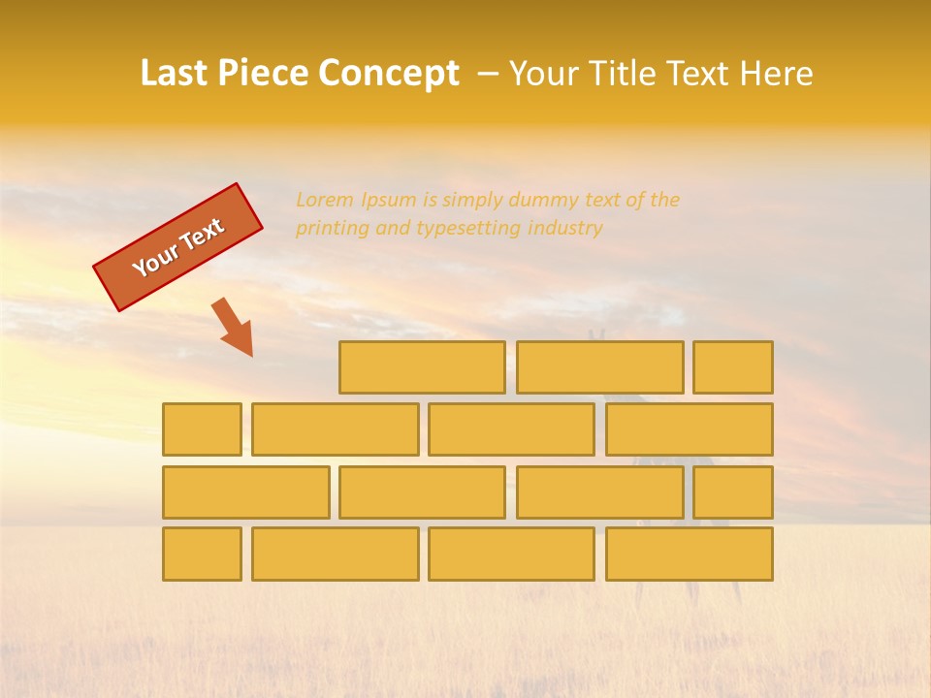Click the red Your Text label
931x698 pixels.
(177, 247)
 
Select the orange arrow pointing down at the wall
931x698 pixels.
(234, 328)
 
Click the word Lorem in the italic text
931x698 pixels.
(324, 201)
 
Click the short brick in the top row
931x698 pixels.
(733, 367)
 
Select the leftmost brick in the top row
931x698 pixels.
(422, 367)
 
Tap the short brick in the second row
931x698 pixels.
(202, 429)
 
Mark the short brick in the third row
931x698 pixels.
(733, 492)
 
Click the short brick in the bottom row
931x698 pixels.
(202, 555)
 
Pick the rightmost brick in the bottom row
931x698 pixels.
(690, 555)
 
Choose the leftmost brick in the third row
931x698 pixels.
(245, 492)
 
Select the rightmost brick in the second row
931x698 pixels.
(690, 429)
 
